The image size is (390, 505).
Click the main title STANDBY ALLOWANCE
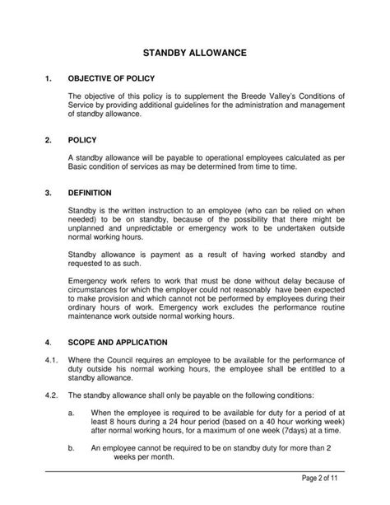pyautogui.click(x=195, y=52)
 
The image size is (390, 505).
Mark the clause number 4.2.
pyautogui.click(x=50, y=395)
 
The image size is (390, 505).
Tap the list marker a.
pyautogui.click(x=72, y=412)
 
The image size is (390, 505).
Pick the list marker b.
pyautogui.click(x=72, y=449)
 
